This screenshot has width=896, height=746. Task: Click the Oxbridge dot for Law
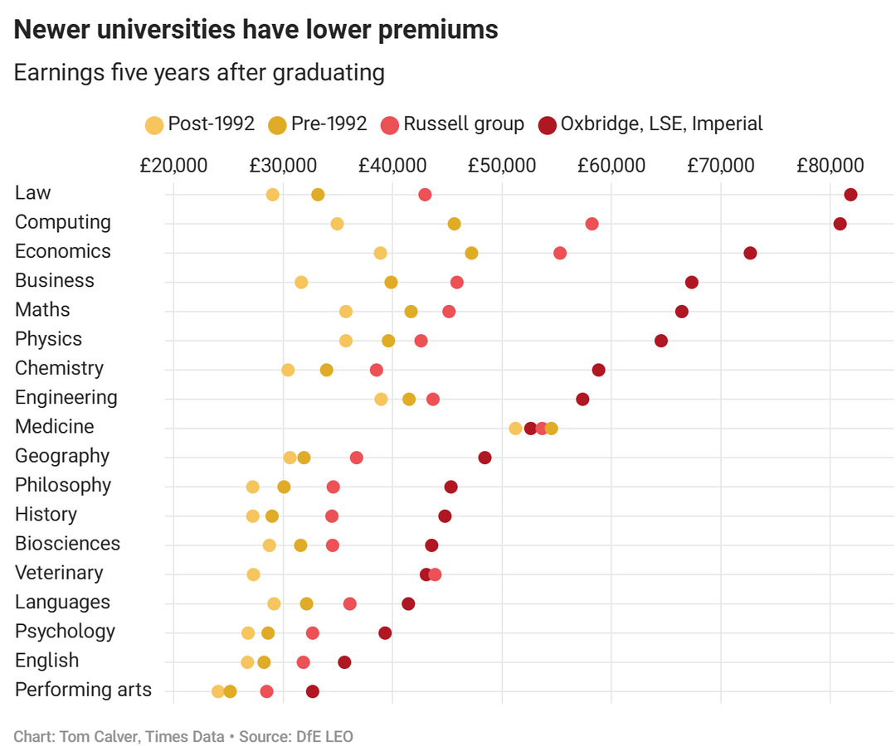(x=850, y=195)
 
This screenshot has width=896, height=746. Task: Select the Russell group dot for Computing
(x=592, y=224)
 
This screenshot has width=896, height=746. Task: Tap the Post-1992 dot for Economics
(x=380, y=253)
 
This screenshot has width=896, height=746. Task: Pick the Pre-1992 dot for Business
(x=391, y=283)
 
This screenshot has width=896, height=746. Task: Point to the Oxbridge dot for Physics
(x=661, y=341)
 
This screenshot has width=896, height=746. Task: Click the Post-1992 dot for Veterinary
(x=253, y=574)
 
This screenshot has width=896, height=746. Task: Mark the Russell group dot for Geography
(x=357, y=458)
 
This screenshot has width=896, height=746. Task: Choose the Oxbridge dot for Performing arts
(x=313, y=691)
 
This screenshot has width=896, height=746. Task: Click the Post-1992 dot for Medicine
(x=515, y=429)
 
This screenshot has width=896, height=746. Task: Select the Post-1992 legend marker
(x=154, y=125)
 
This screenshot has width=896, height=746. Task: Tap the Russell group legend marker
(x=390, y=125)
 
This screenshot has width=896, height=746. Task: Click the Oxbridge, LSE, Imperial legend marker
(x=548, y=125)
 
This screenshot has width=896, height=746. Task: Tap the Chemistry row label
(x=59, y=368)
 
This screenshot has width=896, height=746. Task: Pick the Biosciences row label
(x=67, y=544)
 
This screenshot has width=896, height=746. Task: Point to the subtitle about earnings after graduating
(x=199, y=73)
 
